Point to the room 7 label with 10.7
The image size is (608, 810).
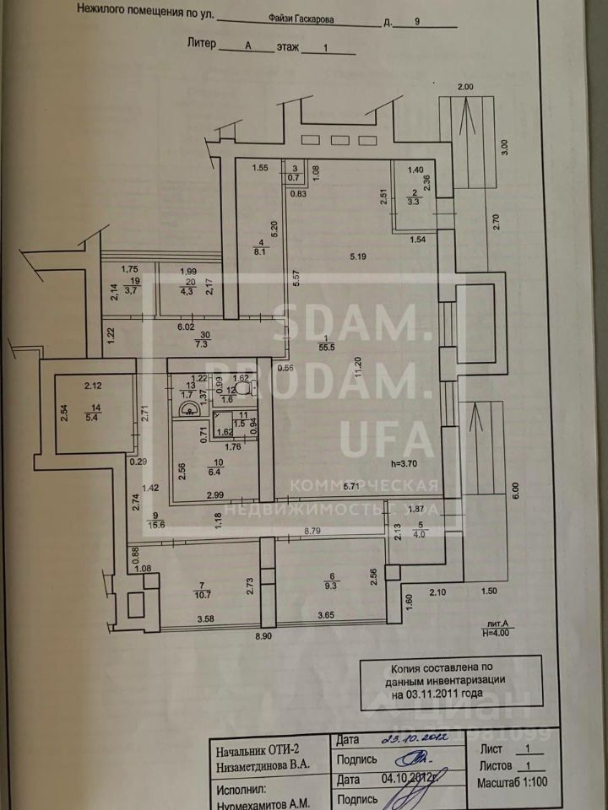tap(201, 590)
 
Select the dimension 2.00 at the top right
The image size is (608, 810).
tap(466, 87)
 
